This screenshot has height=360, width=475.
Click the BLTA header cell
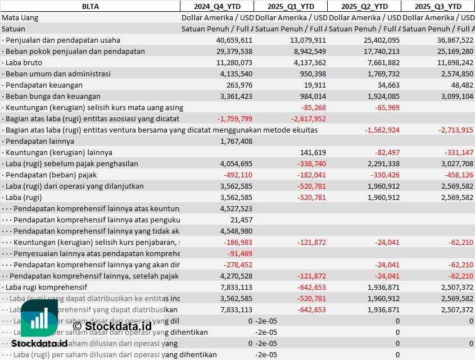[90, 6]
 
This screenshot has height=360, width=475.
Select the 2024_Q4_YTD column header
[216, 6]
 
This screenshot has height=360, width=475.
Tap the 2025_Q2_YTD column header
[364, 6]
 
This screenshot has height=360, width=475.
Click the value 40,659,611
[234, 40]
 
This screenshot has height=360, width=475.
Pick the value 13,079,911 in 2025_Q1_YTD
[308, 40]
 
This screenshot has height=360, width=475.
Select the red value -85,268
[313, 107]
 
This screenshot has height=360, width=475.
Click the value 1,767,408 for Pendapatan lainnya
[236, 141]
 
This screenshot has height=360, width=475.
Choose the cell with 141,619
[313, 152]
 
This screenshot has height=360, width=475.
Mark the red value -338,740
[311, 163]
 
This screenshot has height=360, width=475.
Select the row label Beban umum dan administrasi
[58, 74]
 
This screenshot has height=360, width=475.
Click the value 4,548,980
[236, 231]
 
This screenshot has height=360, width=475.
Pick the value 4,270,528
[236, 276]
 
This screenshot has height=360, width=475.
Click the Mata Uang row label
[20, 17]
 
